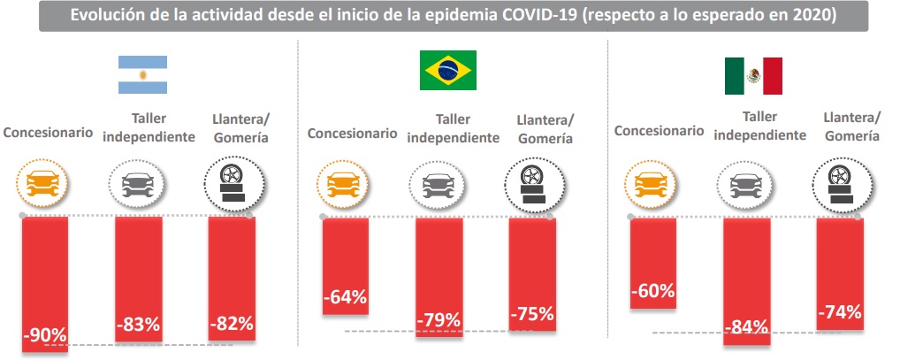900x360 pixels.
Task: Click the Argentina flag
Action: (x=143, y=75)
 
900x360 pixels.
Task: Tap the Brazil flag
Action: (x=446, y=70)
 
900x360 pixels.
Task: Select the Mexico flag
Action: (x=753, y=76)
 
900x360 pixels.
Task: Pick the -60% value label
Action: (x=653, y=290)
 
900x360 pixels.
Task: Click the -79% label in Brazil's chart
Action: (x=439, y=318)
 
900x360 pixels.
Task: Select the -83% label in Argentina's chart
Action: (x=138, y=326)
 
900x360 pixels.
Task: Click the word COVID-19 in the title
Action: (x=545, y=15)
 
